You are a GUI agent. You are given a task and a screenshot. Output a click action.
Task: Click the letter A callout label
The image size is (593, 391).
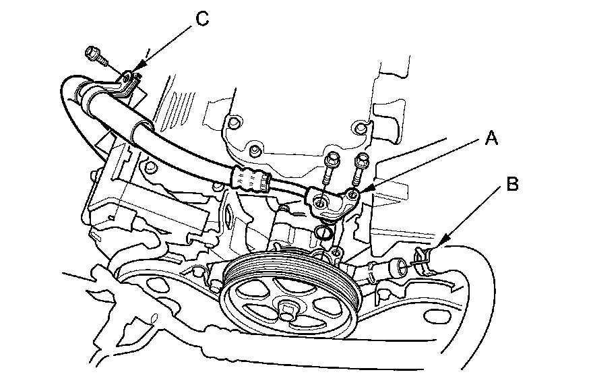tap(493, 140)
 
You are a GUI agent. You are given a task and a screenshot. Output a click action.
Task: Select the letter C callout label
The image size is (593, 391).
tap(201, 18)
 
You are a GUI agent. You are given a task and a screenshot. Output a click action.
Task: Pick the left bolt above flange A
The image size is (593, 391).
tap(331, 166)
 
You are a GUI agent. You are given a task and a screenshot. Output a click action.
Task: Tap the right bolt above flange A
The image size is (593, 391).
tap(362, 164)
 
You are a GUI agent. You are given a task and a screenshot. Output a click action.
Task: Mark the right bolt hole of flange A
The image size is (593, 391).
tap(350, 197)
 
